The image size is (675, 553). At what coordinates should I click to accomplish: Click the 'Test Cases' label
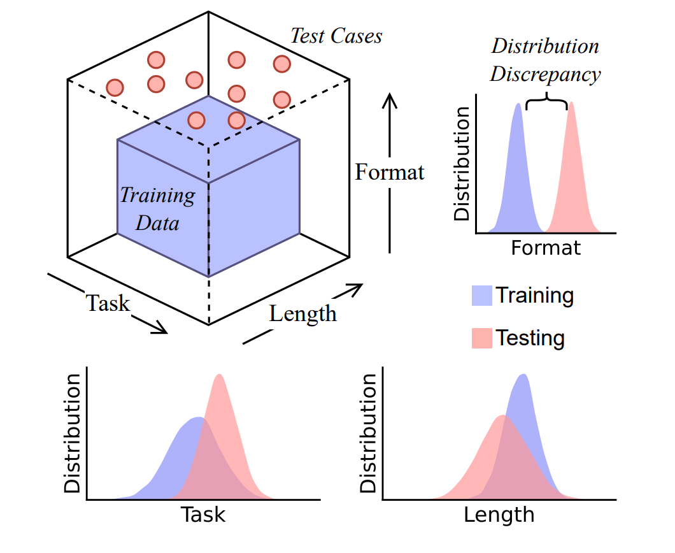(336, 36)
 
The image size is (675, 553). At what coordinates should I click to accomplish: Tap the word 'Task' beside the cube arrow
(108, 303)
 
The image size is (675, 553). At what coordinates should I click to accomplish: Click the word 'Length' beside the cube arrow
(302, 313)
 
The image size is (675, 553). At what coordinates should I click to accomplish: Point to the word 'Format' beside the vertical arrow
(390, 172)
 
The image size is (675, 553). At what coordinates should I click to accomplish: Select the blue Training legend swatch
(481, 296)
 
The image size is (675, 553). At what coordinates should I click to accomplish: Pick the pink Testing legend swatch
(481, 338)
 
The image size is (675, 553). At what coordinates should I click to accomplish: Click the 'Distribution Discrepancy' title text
(544, 61)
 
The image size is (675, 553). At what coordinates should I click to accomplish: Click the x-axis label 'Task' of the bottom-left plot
(203, 515)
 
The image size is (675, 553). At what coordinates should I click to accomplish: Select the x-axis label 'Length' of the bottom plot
(499, 515)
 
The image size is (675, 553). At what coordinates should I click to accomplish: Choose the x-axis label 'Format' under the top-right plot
(546, 247)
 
